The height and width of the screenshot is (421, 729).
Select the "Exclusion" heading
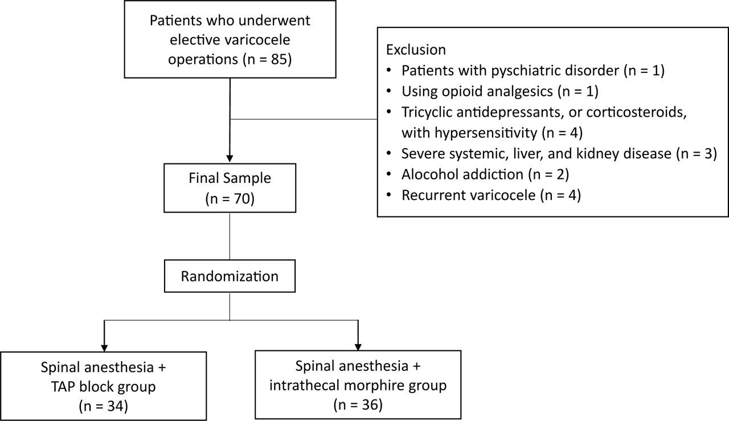416,50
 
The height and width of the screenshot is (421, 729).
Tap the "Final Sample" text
230,178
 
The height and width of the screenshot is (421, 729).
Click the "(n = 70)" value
230,200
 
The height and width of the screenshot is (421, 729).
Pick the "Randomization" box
230,276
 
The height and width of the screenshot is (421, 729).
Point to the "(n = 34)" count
103,406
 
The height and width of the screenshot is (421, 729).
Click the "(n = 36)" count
357,405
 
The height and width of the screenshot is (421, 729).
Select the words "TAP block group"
103,387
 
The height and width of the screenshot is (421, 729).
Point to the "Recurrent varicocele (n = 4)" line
490,195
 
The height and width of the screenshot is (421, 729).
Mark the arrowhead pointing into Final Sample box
230,158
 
